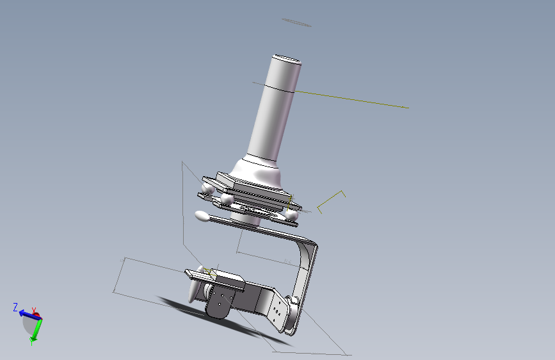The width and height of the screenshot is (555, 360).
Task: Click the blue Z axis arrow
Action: coord(29,315)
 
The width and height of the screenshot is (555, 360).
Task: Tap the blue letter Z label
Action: coord(15,307)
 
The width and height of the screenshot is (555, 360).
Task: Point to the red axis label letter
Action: coord(34,311)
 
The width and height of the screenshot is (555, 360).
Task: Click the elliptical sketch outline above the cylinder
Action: coord(296,22)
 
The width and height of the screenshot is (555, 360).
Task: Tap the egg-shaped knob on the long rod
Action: coord(202,216)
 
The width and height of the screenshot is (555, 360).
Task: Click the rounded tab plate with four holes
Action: coord(220,304)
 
